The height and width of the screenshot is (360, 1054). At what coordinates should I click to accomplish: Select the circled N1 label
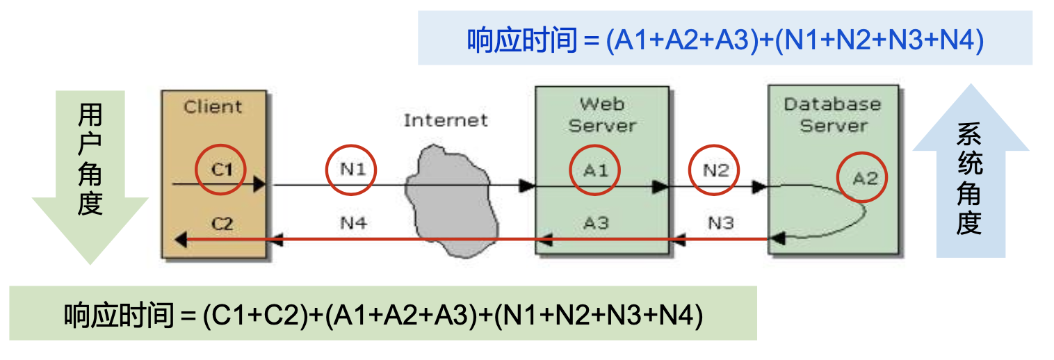coord(352,169)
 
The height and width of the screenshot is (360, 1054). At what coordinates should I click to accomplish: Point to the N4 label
coord(353,223)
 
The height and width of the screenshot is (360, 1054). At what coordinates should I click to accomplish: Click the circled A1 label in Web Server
coord(595,170)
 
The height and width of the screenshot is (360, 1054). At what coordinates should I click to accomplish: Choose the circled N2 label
coord(714,170)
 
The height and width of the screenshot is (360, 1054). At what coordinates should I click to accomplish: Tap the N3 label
coord(720,223)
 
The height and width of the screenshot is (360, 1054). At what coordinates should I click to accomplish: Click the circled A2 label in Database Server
coord(864,178)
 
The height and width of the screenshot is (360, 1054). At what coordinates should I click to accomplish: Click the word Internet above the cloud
coord(446,120)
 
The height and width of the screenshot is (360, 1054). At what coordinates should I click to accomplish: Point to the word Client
coord(213,107)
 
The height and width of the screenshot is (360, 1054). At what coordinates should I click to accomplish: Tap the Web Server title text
coord(601,115)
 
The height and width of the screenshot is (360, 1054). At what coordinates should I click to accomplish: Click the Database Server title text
coord(832,115)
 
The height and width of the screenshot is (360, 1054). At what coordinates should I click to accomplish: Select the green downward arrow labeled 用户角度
coord(90,177)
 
